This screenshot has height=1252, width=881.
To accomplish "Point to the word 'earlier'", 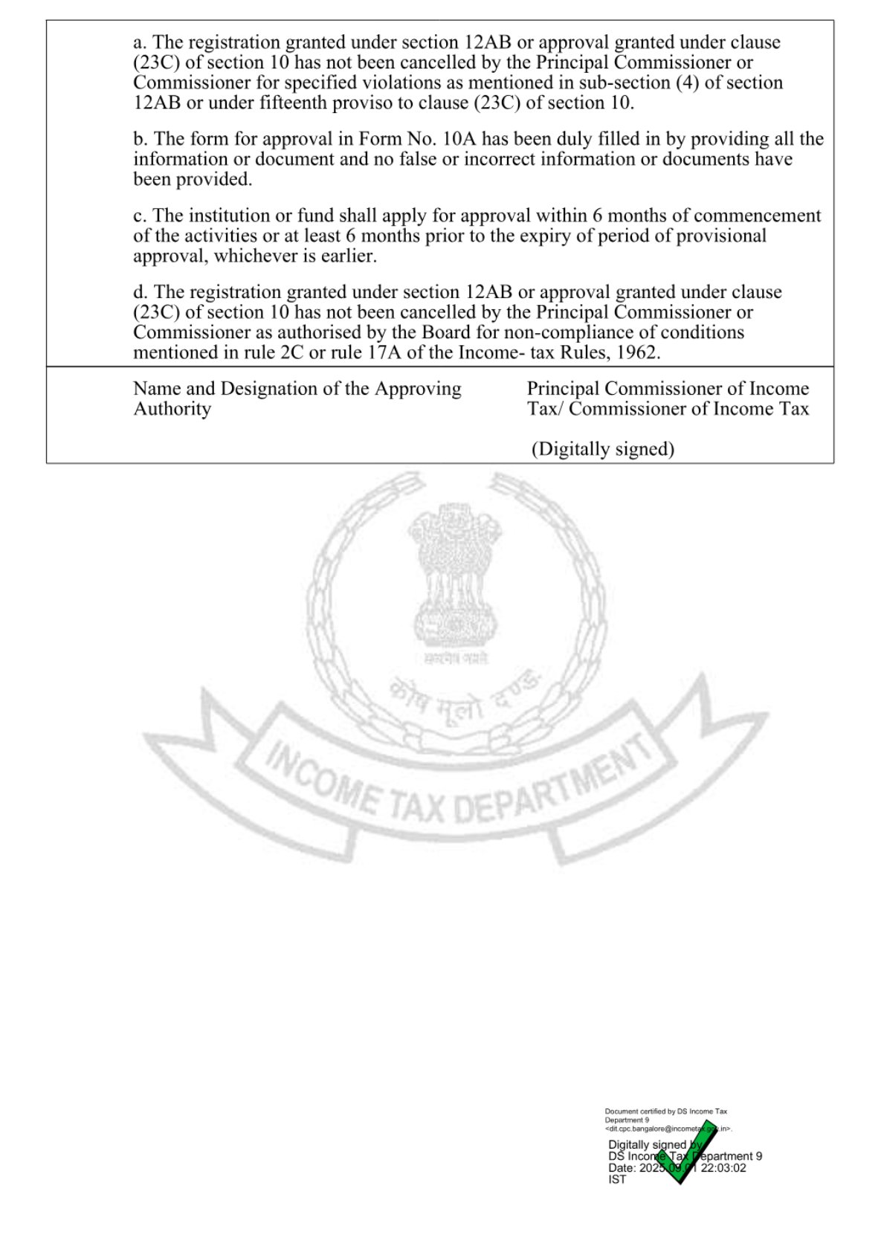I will coord(348,256).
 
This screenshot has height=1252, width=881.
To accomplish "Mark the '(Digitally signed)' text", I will coord(602,449).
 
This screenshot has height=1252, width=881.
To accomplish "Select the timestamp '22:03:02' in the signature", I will coord(723,1168).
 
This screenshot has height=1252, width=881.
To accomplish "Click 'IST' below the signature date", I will coord(617,1180).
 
